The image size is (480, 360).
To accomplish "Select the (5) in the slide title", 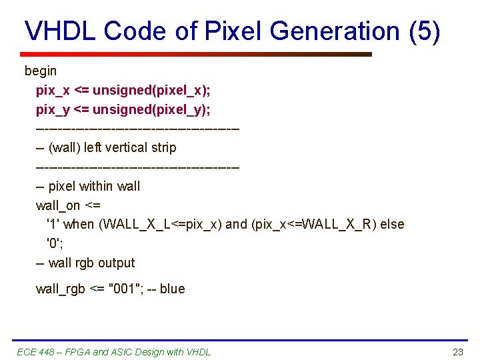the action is click(x=425, y=31).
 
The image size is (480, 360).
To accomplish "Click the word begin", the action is click(x=41, y=71).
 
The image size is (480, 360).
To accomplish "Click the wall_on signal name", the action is click(x=58, y=205).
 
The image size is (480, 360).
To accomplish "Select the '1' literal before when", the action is click(x=53, y=225).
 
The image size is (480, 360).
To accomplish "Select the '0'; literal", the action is click(x=54, y=243).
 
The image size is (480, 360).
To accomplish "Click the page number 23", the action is click(x=457, y=352).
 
